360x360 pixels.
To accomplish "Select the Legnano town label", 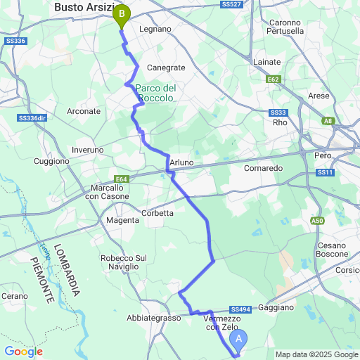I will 155,29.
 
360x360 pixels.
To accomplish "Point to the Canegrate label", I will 166,67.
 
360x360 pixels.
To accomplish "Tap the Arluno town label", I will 181,162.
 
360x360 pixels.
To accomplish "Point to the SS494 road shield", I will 240,309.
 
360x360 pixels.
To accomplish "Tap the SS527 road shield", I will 233,4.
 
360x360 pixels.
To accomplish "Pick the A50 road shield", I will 318,221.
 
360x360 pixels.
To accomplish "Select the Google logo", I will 23,352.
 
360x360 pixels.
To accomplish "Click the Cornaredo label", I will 263,169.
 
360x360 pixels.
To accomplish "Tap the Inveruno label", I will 88,150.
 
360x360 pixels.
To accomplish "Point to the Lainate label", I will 266,62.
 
